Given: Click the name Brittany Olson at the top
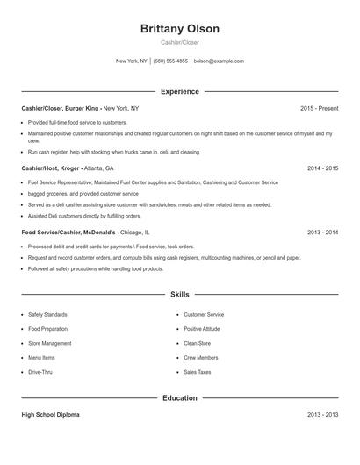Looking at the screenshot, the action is [x=179, y=29].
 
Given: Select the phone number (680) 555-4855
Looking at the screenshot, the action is [x=170, y=61].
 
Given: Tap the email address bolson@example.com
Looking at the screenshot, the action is [x=219, y=61].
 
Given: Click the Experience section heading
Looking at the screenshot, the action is [x=179, y=91].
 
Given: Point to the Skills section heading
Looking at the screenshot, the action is [x=179, y=295].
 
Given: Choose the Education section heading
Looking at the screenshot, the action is [x=179, y=397].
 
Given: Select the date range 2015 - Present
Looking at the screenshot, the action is [x=319, y=108].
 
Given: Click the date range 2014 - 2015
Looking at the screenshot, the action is [x=322, y=168].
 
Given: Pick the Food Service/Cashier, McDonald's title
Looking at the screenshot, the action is [x=68, y=232].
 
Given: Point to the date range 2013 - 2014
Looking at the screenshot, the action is [x=322, y=232].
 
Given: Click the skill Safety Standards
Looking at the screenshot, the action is [x=47, y=314].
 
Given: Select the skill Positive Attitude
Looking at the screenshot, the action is [x=202, y=329].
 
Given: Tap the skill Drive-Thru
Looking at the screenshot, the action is [x=41, y=372].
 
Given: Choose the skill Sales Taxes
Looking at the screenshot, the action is [x=198, y=372].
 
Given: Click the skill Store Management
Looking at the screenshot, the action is [x=50, y=343].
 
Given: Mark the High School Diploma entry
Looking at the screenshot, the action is [x=50, y=414].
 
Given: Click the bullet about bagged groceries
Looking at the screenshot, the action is [x=83, y=193].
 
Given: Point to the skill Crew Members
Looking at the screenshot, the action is [x=201, y=358].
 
